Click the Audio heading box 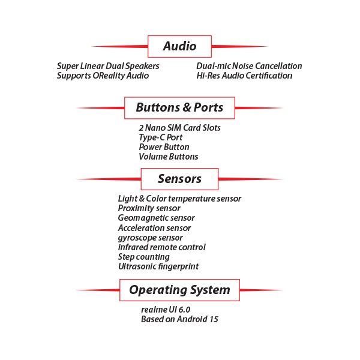point(179,46)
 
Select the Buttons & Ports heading point(179,108)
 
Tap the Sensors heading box point(179,179)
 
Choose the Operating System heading point(179,290)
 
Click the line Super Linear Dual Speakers point(108,66)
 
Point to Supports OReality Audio point(103,76)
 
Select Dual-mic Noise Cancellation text point(249,66)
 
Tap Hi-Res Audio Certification point(244,76)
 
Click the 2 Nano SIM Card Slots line point(179,128)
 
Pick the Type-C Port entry point(160,137)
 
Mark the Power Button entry point(164,147)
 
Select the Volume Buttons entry point(168,157)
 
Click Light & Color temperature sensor point(179,199)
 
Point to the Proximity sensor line point(149,208)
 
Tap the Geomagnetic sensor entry point(156,218)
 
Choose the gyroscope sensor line point(150,238)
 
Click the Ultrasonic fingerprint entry point(158,266)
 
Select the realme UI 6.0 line point(166,310)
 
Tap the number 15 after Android point(213,319)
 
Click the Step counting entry point(143,257)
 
